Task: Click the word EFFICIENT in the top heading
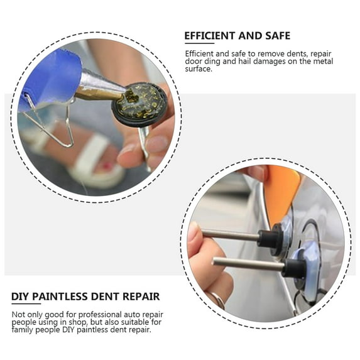tap(210, 36)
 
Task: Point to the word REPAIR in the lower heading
tap(141, 297)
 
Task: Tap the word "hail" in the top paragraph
tap(245, 62)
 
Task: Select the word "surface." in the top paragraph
tap(199, 69)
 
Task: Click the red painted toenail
tap(106, 165)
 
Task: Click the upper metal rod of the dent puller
tap(231, 234)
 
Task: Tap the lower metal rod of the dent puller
tap(249, 264)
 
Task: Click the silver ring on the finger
tap(217, 300)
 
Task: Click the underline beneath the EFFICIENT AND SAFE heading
tap(200, 43)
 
